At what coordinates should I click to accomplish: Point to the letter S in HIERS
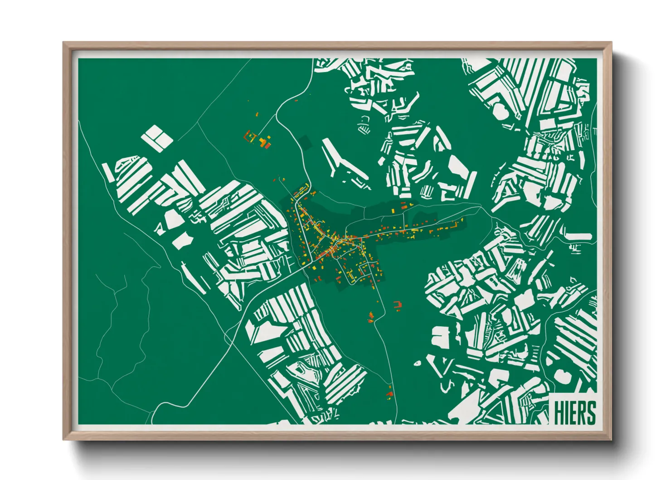coord(590,413)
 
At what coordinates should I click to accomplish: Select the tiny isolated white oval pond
coord(418,363)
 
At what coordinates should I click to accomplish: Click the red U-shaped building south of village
coord(398,305)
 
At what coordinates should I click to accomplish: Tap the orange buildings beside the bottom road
coord(389,393)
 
